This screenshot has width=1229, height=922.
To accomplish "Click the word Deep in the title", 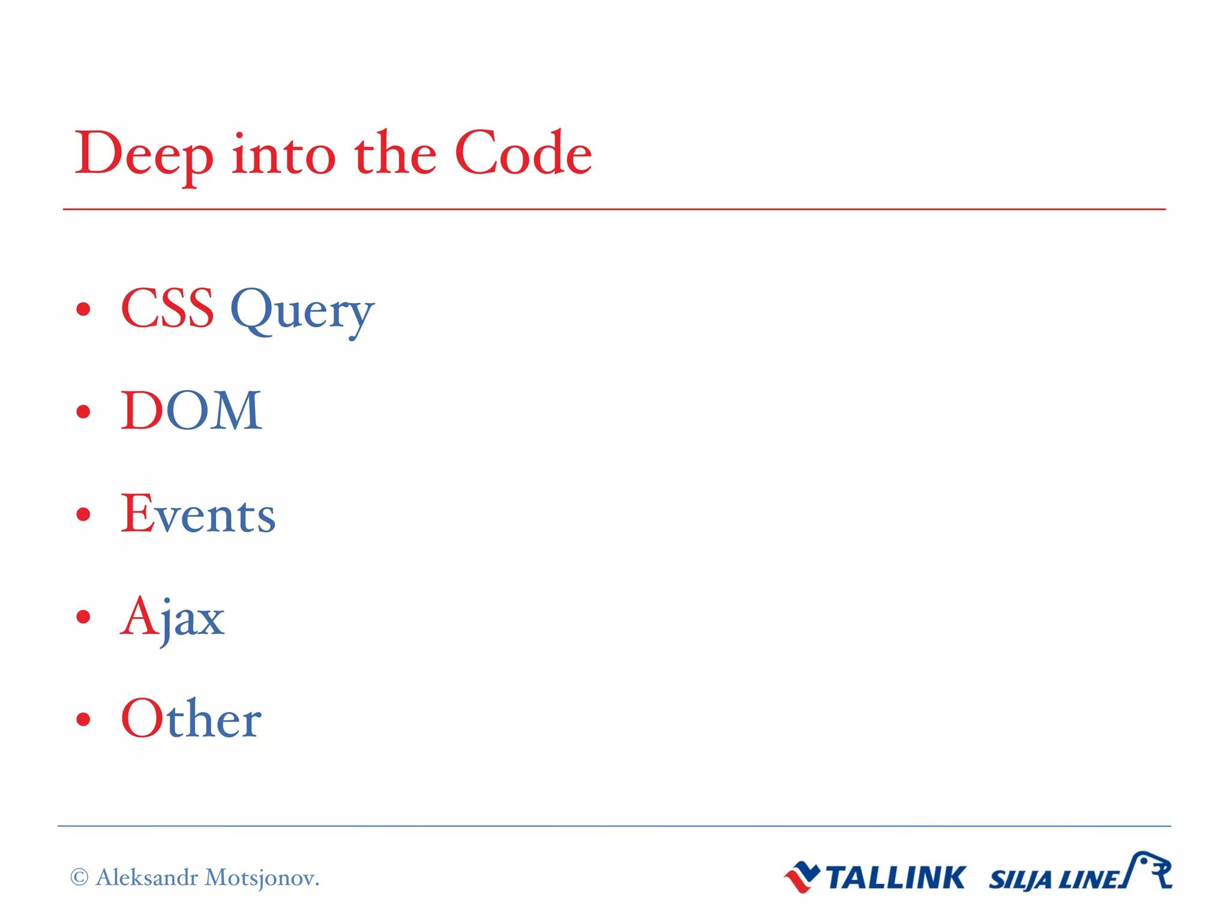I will (144, 155).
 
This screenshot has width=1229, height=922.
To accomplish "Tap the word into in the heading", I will (283, 155).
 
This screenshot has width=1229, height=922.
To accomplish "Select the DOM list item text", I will (191, 411).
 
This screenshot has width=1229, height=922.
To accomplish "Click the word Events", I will (198, 514).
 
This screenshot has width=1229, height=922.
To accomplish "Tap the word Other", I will (191, 719).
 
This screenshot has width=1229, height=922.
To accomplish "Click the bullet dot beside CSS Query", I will (83, 309).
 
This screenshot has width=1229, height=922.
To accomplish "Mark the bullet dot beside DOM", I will (83, 412).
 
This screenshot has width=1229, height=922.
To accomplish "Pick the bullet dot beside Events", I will (83, 514).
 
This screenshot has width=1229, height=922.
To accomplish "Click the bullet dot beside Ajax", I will (83, 616).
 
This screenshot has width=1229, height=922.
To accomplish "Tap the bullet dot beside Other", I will (83, 719).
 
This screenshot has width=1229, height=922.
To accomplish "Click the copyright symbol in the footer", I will (79, 878).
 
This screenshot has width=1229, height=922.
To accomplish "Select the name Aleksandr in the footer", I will (147, 878).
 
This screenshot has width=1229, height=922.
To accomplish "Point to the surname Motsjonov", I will (262, 878).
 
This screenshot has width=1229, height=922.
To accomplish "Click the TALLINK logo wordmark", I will (895, 878).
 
